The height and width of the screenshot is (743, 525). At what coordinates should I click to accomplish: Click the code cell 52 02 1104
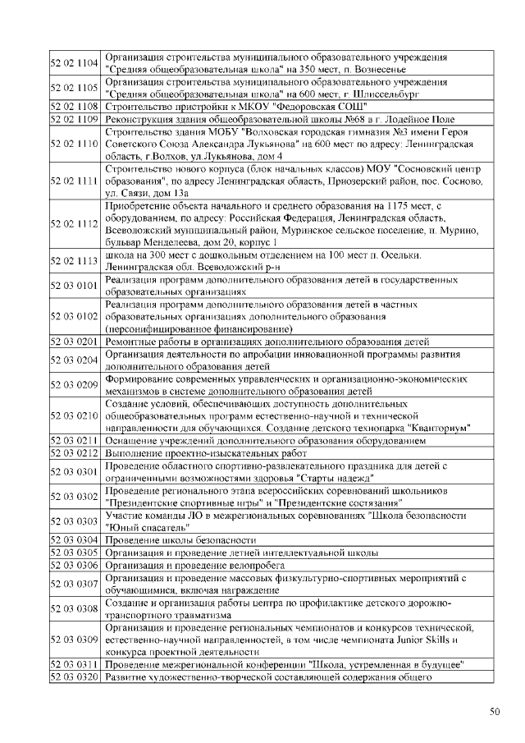(75, 63)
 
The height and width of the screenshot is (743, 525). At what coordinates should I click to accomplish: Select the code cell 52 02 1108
(75, 107)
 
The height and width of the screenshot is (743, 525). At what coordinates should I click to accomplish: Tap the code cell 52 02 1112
(75, 223)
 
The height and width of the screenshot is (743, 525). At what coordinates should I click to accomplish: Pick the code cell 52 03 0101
(75, 286)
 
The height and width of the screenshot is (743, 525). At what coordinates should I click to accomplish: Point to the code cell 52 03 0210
(75, 416)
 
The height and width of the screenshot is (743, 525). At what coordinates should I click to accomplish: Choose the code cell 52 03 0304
(75, 540)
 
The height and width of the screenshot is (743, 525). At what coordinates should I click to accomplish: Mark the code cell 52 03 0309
(75, 639)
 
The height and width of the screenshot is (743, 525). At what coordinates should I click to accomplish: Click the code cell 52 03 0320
(75, 677)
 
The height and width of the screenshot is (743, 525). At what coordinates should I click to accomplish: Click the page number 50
(494, 711)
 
